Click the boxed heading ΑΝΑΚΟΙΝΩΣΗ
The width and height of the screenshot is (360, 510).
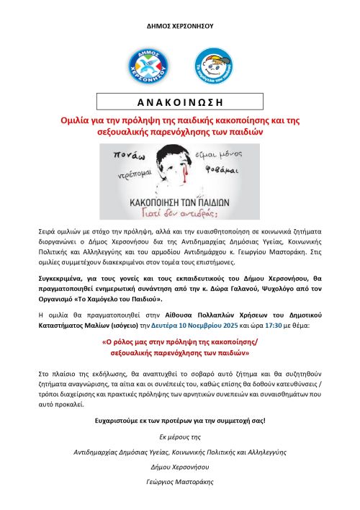tap(179, 102)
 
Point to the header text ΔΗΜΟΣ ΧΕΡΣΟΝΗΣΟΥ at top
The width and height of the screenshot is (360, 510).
tap(180, 26)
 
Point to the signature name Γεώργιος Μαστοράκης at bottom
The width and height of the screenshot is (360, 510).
tap(180, 482)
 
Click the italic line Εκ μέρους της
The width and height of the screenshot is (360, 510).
tap(180, 437)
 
